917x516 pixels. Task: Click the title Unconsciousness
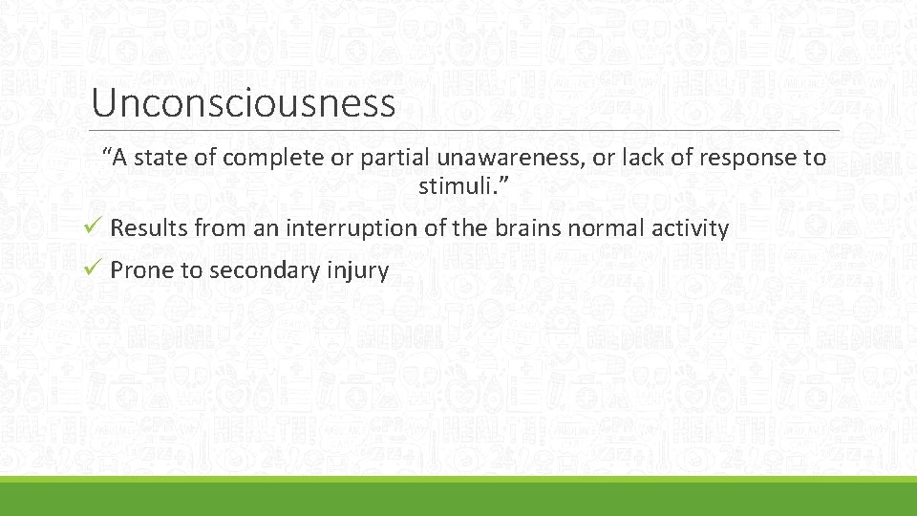(x=243, y=102)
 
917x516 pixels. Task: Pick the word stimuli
(x=452, y=185)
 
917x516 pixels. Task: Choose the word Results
(x=149, y=229)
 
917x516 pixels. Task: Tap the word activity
(x=693, y=229)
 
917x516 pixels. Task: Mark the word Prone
(x=142, y=271)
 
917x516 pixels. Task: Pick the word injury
(x=357, y=271)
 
